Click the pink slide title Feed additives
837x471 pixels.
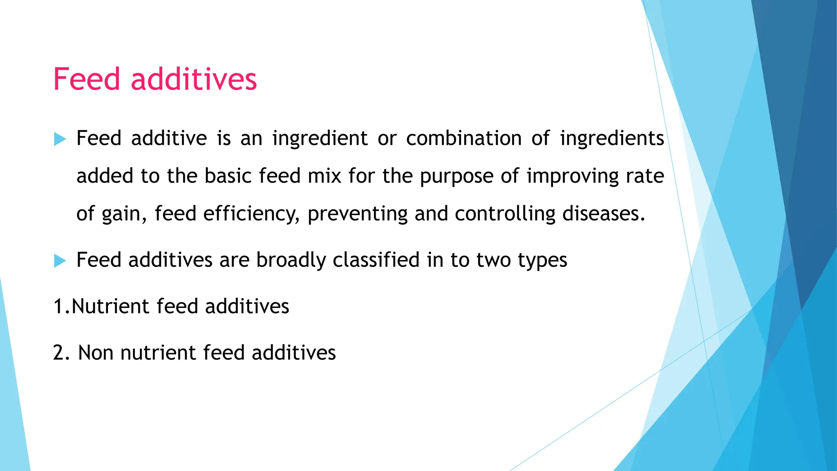click(x=155, y=79)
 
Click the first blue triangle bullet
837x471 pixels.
click(x=60, y=139)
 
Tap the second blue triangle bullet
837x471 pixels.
click(x=60, y=260)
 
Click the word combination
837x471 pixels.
click(x=463, y=138)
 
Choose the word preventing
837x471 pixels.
click(x=357, y=214)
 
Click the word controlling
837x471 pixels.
click(x=505, y=214)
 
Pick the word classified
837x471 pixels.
click(x=376, y=260)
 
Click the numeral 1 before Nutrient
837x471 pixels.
click(x=58, y=307)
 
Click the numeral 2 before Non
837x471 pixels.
click(x=59, y=353)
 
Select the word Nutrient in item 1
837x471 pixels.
click(x=110, y=307)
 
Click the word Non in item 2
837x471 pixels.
click(x=96, y=353)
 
